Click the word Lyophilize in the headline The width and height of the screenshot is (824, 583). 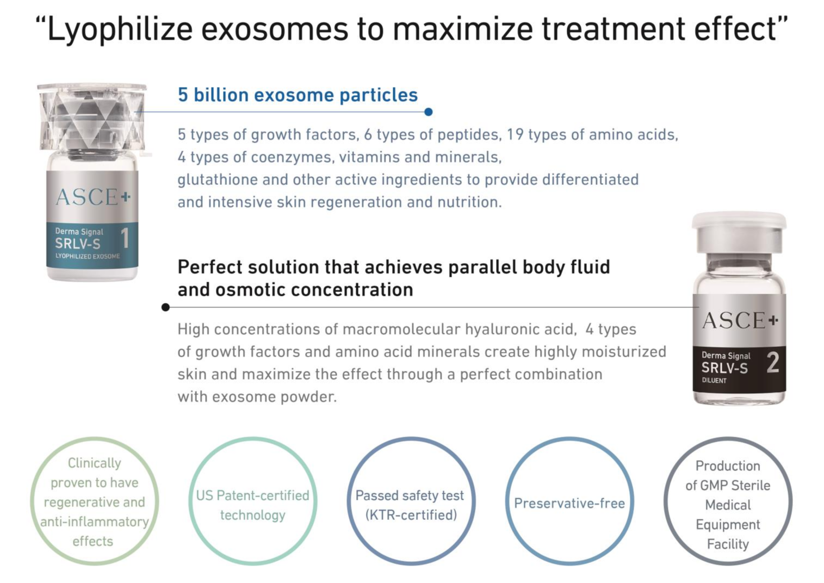pos(120,29)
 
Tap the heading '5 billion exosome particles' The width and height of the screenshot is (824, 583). pos(298,95)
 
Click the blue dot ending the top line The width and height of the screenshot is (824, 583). pos(428,112)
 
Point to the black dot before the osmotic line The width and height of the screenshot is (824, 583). pos(165,307)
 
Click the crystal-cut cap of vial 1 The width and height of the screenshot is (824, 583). pos(92,117)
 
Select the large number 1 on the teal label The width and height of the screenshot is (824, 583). pos(125,238)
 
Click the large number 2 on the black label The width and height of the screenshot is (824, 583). pos(773,363)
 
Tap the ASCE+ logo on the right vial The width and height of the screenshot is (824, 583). pos(740,320)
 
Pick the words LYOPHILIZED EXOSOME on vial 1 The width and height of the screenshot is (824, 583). pos(88,256)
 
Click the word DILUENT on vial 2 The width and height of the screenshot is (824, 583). pos(714,381)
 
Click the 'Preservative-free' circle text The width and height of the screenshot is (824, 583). pos(569,503)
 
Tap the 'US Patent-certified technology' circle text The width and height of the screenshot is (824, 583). pos(253,505)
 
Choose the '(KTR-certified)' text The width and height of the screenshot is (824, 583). pos(411,516)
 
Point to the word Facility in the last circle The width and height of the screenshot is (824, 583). pos(728,544)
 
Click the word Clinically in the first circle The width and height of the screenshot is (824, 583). pos(95,463)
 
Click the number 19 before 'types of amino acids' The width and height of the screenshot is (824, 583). pos(515,135)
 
